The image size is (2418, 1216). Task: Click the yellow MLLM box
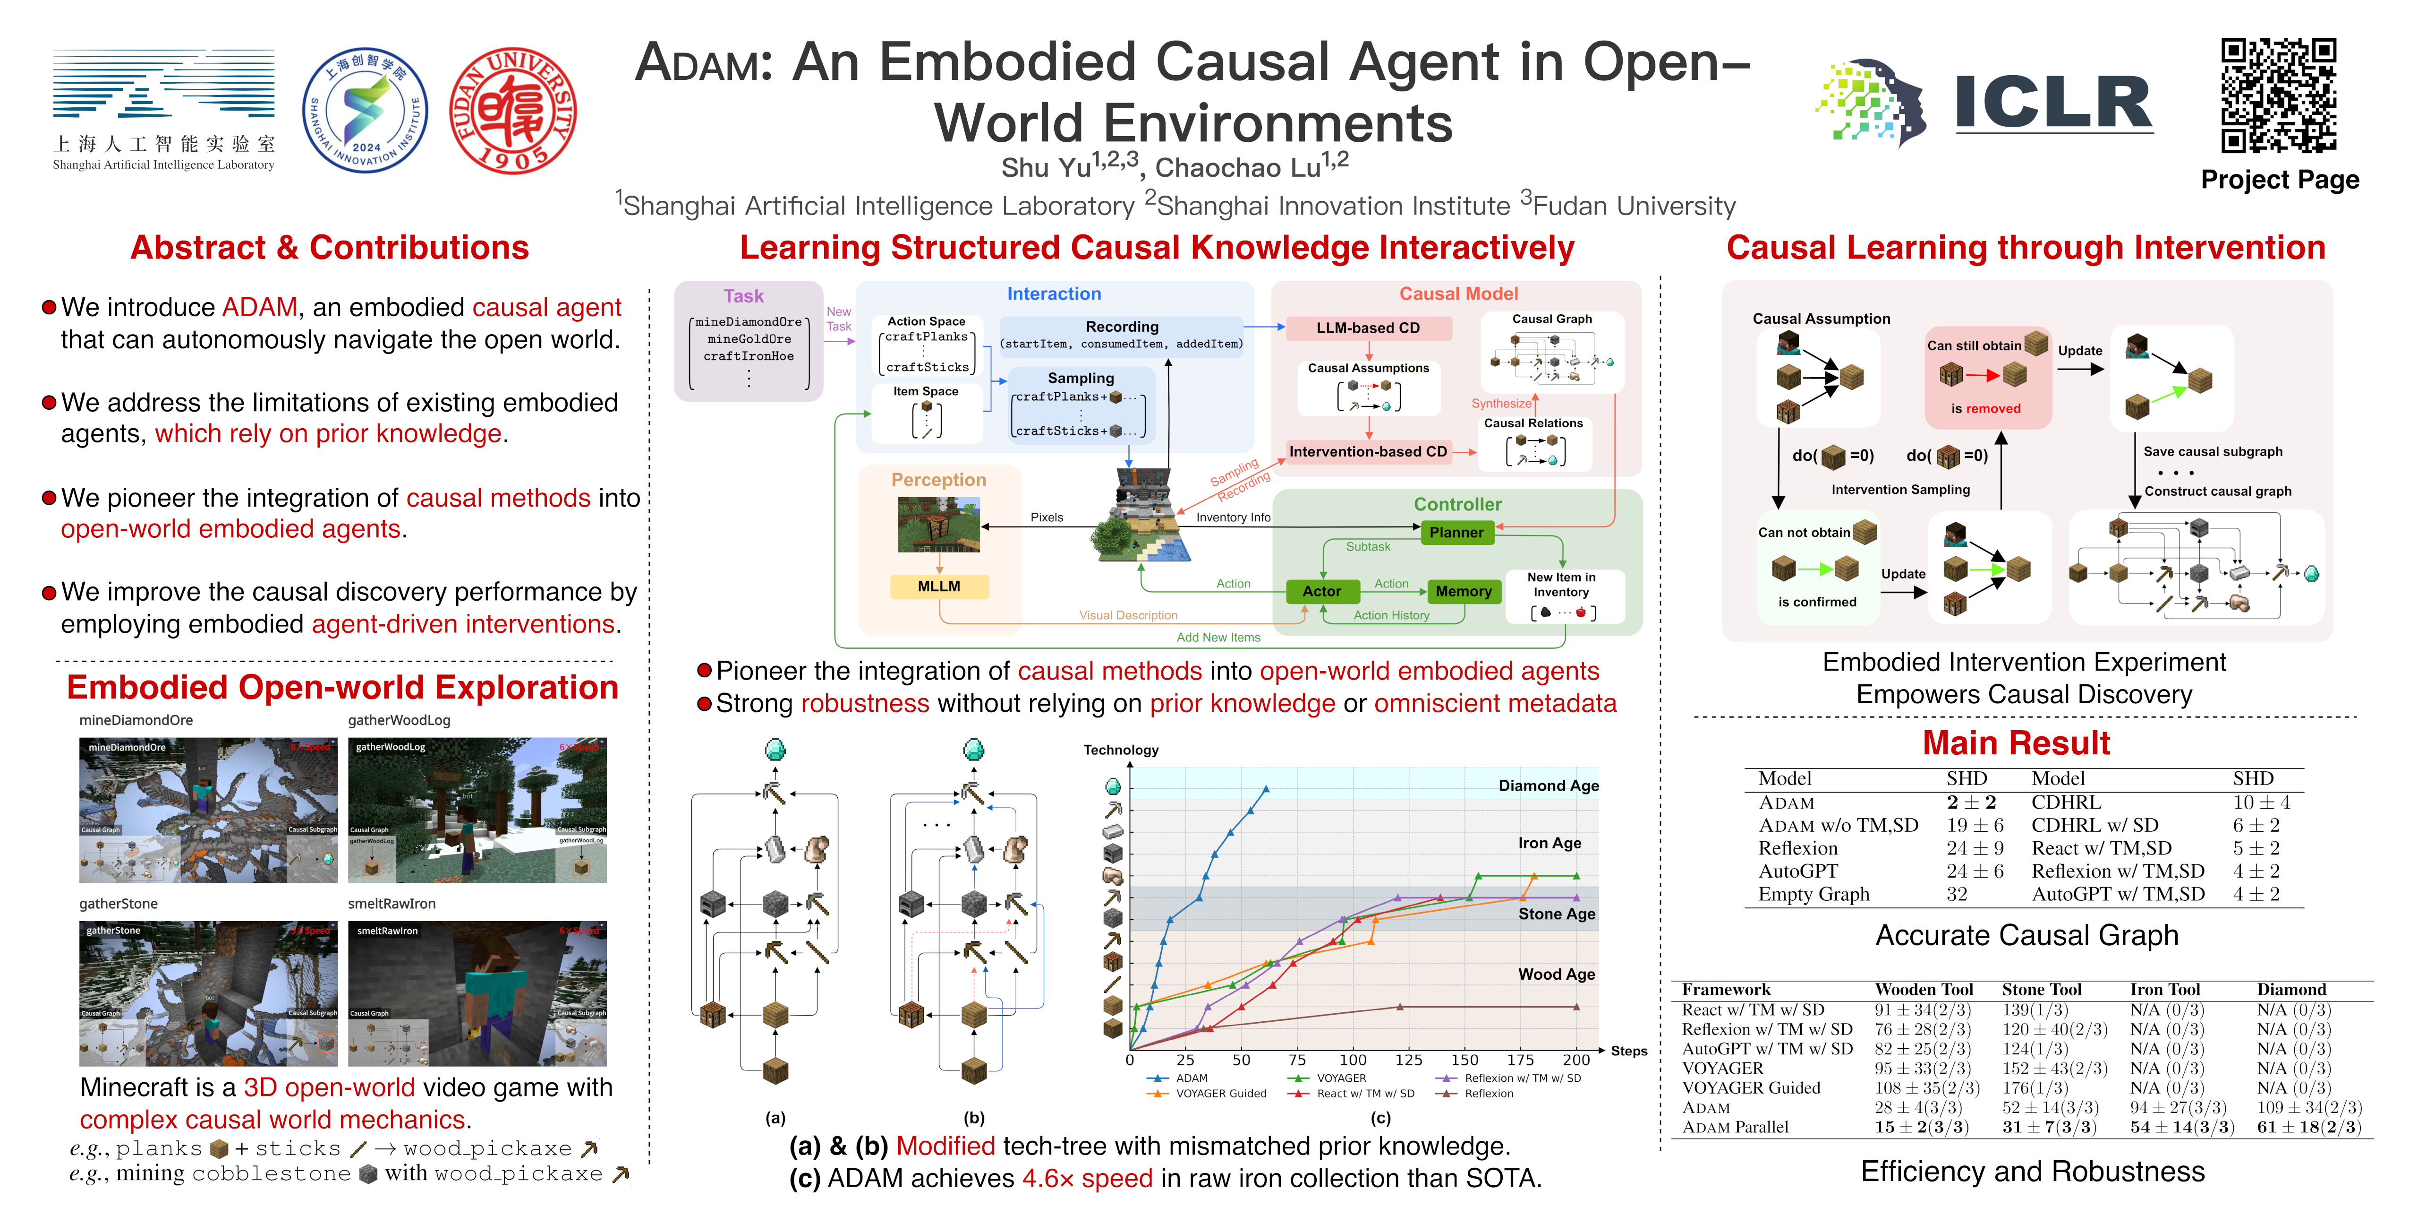click(939, 586)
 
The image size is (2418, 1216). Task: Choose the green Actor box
click(1322, 591)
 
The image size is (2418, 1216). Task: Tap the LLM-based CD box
click(1368, 328)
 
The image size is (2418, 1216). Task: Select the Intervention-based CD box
click(1368, 452)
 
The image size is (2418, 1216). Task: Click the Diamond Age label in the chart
click(1548, 786)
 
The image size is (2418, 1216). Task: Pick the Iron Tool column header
click(2164, 989)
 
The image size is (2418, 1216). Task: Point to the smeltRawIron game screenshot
click(477, 993)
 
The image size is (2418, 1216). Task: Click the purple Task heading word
click(743, 296)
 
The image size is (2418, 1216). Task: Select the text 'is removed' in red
click(1985, 408)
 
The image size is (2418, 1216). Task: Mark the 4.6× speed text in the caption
click(1087, 1179)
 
